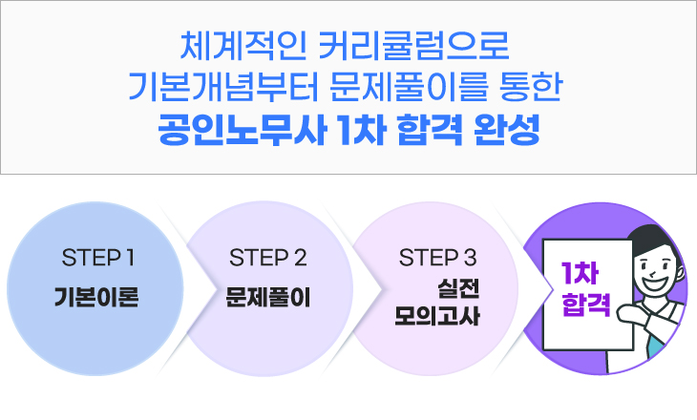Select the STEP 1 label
point(96,258)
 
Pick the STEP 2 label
point(268,258)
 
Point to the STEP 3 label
point(437,258)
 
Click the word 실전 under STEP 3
point(457,287)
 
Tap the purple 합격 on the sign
point(580,306)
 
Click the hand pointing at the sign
point(630,312)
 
